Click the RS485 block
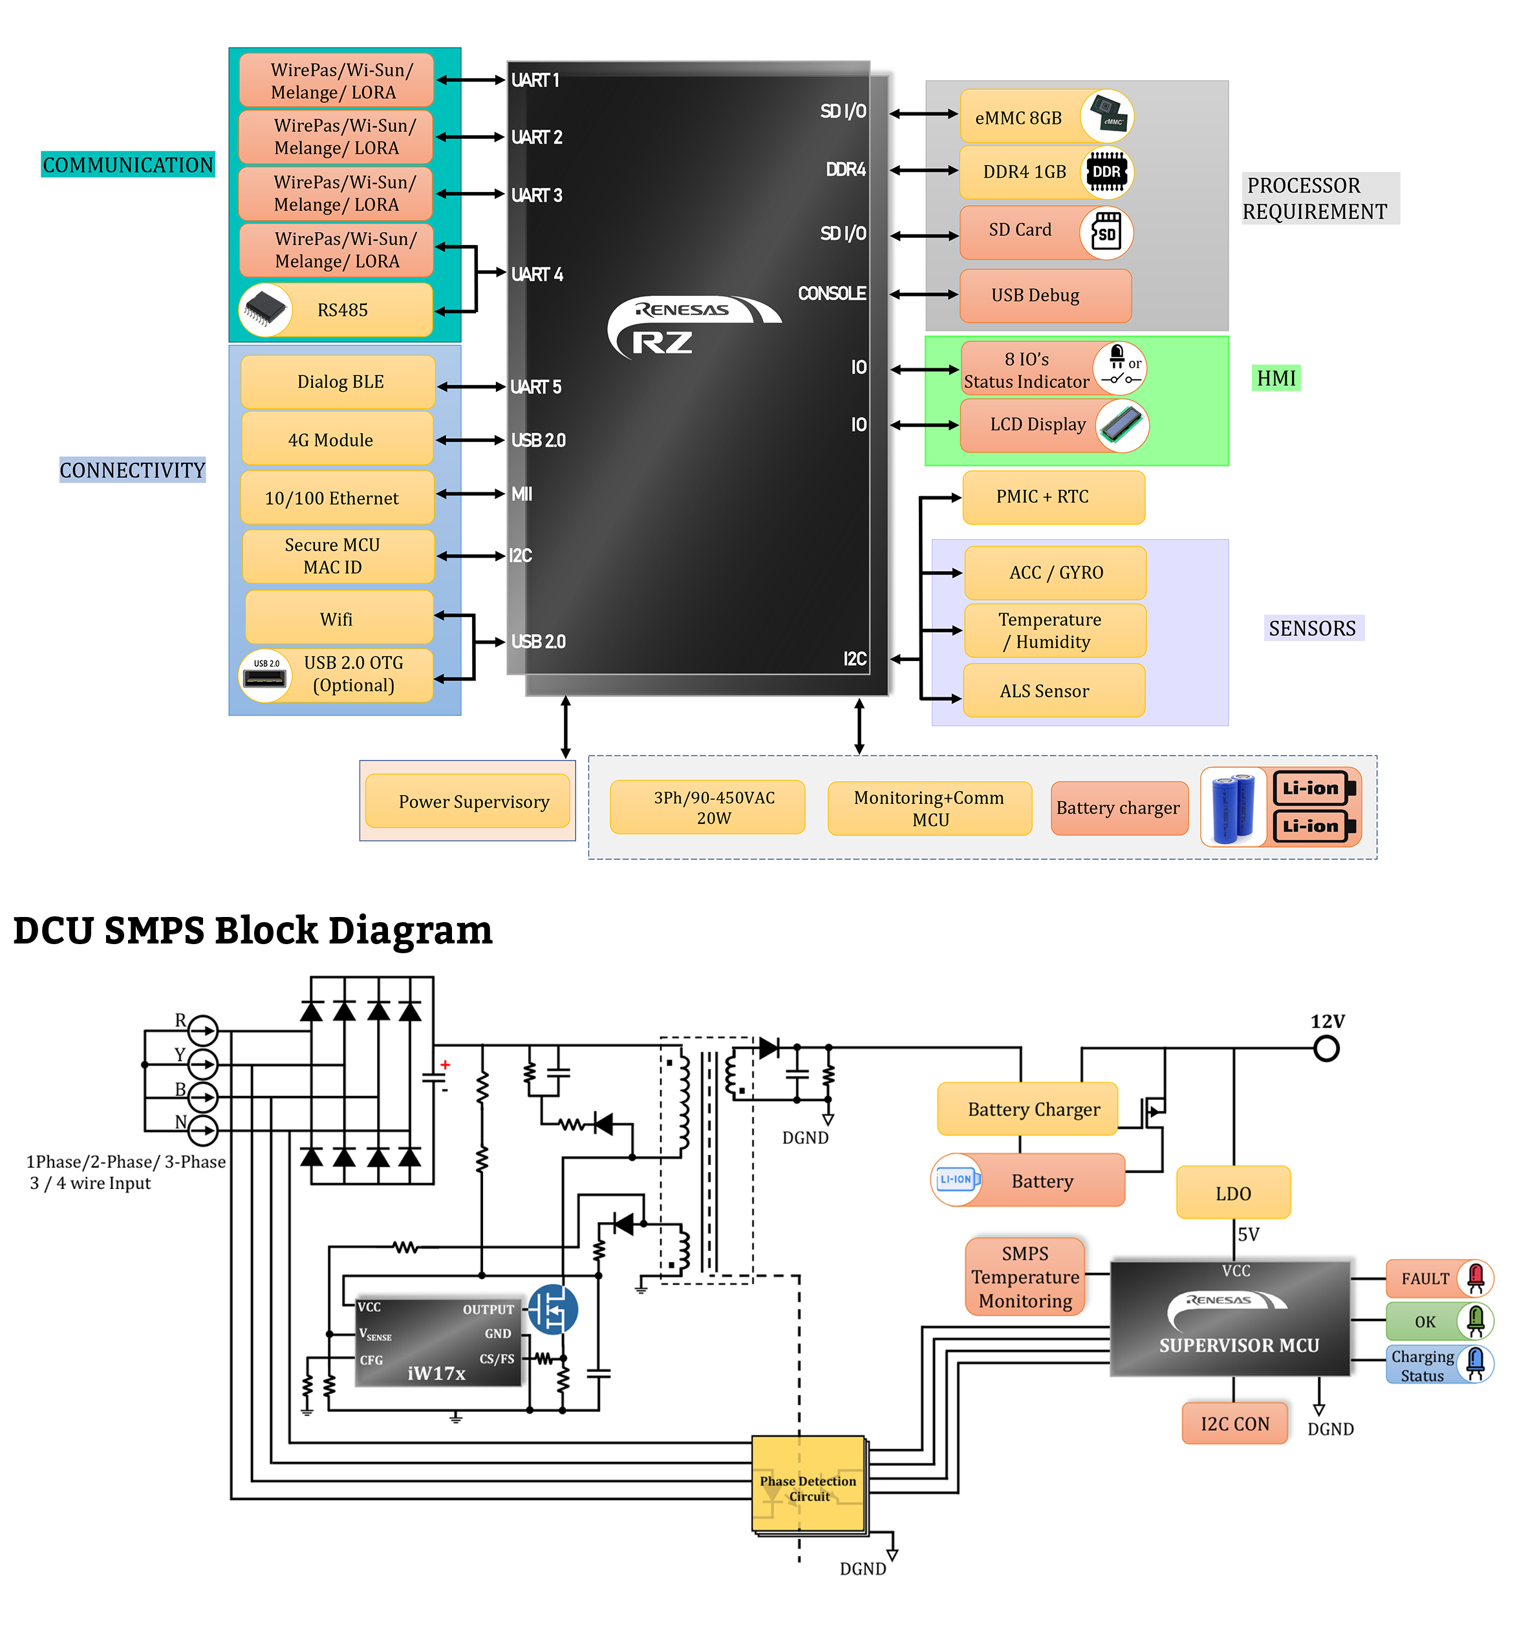[336, 310]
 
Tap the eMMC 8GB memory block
[1046, 116]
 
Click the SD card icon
[1106, 233]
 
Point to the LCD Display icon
[1122, 425]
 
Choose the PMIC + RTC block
[1053, 497]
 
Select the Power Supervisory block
[467, 801]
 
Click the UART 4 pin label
[537, 275]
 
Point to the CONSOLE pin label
[832, 293]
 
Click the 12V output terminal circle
[1326, 1048]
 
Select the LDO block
[1232, 1193]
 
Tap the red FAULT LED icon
[1475, 1278]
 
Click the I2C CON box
[1234, 1424]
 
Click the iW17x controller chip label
[436, 1373]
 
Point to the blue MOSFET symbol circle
[552, 1309]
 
